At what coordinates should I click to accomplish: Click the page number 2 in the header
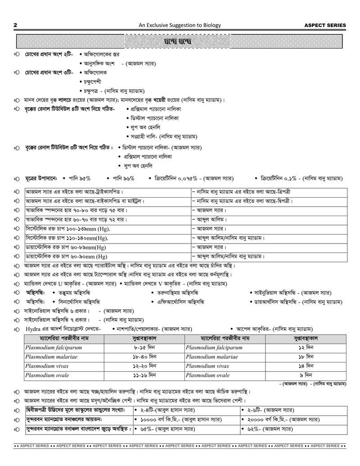pyautogui.click(x=16, y=25)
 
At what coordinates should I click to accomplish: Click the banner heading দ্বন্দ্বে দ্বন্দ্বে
pyautogui.click(x=180, y=41)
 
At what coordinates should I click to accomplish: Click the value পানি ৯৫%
pyautogui.click(x=79, y=178)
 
